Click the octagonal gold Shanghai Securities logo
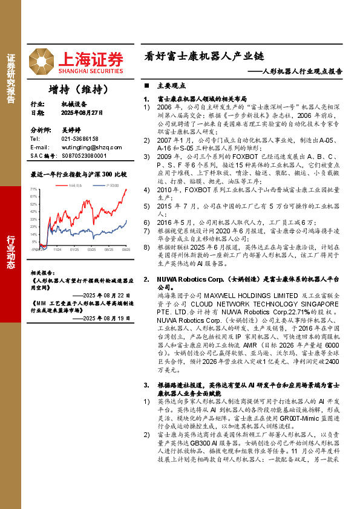point(42,59)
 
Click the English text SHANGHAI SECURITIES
point(91,70)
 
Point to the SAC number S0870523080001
point(83,155)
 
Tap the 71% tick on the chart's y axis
point(34,189)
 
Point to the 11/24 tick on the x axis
point(57,248)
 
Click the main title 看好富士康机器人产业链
point(204,57)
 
